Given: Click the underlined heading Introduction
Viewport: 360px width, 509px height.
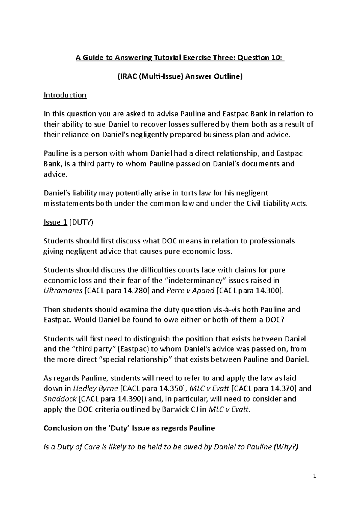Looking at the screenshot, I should pyautogui.click(x=65, y=95).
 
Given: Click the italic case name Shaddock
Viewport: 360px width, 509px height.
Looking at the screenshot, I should pyautogui.click(x=60, y=399).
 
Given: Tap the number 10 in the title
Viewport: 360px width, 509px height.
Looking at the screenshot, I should pyautogui.click(x=277, y=58).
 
